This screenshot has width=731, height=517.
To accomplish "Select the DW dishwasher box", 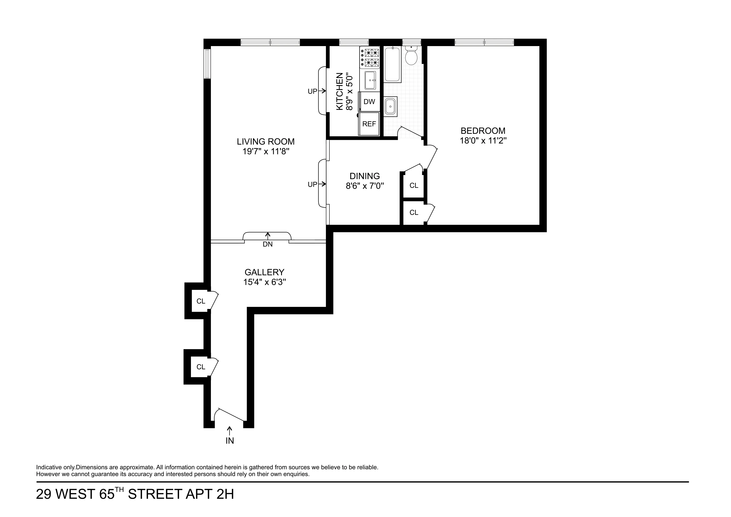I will (x=369, y=102).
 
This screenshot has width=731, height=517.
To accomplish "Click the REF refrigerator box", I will (x=369, y=124).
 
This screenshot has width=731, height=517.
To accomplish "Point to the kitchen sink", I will (x=370, y=80).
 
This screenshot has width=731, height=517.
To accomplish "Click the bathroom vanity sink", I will (x=390, y=106).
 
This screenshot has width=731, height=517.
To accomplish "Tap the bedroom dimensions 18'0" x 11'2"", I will (x=483, y=141).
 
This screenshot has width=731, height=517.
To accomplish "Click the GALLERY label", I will (x=264, y=272).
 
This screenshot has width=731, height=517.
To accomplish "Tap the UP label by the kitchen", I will (x=312, y=92).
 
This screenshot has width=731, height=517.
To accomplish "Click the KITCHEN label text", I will (x=340, y=92).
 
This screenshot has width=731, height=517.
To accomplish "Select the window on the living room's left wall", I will (x=207, y=64).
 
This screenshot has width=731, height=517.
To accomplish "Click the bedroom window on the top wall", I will (x=484, y=42).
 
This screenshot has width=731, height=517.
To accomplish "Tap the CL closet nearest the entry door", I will (x=201, y=367).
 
